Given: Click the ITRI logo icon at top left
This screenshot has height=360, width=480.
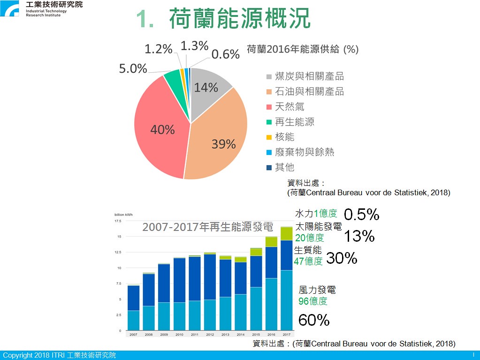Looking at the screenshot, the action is pos(9,8).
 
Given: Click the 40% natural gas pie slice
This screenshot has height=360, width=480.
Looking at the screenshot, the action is pos(159,129).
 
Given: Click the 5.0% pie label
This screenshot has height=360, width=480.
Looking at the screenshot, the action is pos(133,68).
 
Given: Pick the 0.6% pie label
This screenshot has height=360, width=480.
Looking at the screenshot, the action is pos(225,54).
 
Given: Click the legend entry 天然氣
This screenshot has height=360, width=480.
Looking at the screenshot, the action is pos(285,107).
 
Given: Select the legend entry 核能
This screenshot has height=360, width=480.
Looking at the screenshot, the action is pos(281,137).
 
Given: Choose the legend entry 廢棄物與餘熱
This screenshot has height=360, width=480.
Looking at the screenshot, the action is pos(300,152).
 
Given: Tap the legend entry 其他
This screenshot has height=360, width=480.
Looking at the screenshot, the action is pos(281,167).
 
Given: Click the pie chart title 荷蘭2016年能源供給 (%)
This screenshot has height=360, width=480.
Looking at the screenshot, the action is pos(303,49).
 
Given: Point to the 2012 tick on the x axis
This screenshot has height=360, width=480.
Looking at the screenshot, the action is pos(210,335).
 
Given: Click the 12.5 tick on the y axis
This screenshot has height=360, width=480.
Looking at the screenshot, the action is pos(118,252).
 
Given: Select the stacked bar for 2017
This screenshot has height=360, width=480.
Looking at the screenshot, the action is pos(287,279).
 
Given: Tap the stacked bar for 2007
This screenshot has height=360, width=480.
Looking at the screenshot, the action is pos(133,307).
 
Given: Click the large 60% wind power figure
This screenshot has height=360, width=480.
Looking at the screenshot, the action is pos(314,320).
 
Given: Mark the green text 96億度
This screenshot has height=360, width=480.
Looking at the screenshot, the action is pos(313,301).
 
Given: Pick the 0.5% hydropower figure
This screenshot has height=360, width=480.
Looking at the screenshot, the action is pos(362,214).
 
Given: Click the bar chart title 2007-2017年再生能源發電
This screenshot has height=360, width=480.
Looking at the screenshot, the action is pos(207,227).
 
